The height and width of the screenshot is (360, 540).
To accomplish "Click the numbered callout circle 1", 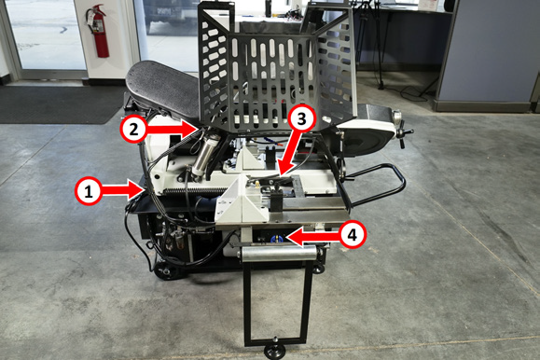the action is (x=89, y=191).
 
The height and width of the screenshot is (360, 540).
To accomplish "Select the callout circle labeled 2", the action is (x=134, y=129).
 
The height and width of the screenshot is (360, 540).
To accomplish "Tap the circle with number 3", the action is (x=301, y=119).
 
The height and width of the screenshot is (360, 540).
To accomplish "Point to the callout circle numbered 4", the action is (x=352, y=235).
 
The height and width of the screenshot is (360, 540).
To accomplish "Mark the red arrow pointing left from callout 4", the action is (x=313, y=236).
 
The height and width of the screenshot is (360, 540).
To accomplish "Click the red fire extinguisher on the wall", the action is (x=98, y=31).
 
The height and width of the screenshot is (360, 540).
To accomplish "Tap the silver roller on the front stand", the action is (x=278, y=255).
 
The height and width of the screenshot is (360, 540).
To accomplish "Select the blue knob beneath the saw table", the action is (x=276, y=239).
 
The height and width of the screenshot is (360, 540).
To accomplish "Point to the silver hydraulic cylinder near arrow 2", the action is (x=204, y=155).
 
